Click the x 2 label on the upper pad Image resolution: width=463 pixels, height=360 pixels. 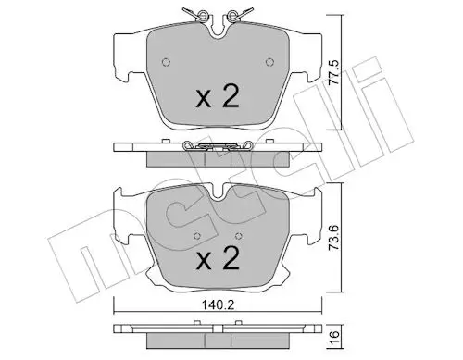219,97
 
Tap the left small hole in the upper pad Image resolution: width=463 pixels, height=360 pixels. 166,63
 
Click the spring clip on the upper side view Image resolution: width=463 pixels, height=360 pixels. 219,144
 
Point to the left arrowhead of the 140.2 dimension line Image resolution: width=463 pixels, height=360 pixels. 117,309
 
